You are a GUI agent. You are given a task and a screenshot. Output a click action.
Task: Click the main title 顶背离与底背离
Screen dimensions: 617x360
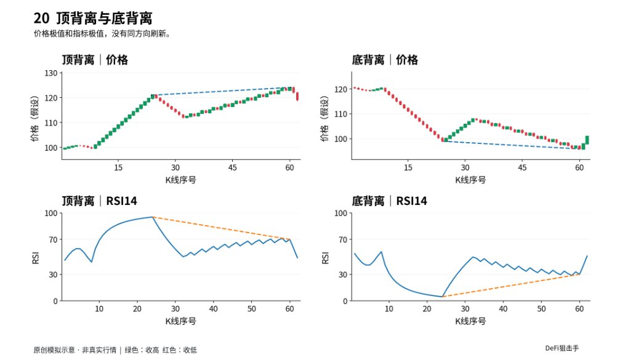104,18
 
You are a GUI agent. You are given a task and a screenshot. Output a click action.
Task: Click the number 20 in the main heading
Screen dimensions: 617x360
41,18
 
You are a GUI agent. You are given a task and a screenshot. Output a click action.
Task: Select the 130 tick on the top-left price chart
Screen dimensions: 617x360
51,73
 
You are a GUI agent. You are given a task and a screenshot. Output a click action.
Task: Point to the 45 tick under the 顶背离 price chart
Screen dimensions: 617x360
233,167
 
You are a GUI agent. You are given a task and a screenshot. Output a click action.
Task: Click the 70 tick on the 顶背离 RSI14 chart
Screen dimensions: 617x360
53,239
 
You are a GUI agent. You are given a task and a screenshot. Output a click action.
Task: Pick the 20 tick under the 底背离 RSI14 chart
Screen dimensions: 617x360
427,309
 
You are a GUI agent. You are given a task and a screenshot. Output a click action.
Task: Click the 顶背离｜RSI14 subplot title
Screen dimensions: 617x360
100,201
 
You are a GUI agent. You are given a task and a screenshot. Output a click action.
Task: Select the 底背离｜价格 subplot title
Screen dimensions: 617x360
385,60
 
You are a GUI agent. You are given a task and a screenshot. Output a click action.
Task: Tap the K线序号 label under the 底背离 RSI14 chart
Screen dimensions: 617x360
470,321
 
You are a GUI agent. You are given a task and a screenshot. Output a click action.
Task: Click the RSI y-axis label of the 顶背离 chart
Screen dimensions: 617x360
36,258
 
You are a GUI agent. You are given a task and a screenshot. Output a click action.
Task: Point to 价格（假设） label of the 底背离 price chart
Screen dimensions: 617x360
325,118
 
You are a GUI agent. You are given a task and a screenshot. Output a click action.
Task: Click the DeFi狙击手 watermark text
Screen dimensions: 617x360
562,348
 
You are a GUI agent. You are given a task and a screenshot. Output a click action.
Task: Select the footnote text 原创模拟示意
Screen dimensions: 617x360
54,350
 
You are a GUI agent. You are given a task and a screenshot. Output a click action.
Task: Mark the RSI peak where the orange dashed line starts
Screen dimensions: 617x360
152,217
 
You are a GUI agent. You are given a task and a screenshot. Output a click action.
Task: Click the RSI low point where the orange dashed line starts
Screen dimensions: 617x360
442,296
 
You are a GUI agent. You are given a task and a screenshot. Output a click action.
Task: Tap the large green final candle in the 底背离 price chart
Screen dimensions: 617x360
587,140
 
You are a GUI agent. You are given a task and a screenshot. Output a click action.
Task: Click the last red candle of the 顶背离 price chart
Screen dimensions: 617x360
297,97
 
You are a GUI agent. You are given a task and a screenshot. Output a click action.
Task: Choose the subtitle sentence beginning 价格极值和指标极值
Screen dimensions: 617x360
102,34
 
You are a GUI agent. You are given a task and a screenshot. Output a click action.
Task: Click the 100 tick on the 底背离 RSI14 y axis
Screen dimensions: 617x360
341,214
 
